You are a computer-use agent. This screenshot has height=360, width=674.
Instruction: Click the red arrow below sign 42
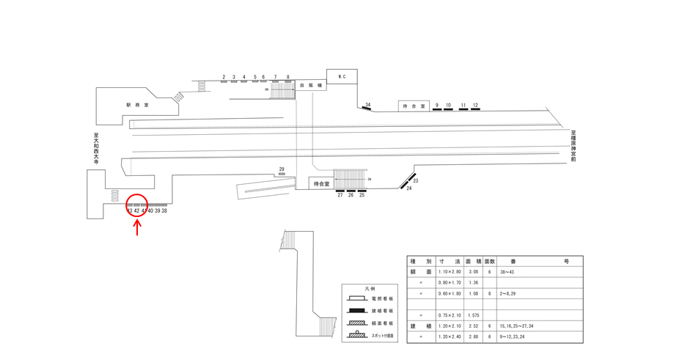point(137,227)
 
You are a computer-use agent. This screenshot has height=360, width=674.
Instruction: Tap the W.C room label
point(341,76)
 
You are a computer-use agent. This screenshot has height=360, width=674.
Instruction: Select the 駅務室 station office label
point(137,105)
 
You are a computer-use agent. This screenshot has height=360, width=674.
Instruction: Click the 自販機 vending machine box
point(306,86)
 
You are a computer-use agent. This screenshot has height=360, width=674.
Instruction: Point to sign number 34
point(367,106)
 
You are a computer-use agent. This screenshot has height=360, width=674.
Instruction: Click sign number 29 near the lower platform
point(282,169)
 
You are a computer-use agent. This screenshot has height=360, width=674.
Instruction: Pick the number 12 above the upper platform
point(475,106)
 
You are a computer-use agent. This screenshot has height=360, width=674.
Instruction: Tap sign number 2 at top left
point(223,77)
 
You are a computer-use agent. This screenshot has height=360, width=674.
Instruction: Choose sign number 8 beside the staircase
point(287,77)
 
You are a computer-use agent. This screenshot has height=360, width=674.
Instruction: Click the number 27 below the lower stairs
point(340,195)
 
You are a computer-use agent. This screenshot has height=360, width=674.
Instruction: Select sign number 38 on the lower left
point(164,211)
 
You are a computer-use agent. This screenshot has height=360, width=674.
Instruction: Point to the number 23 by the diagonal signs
point(415,180)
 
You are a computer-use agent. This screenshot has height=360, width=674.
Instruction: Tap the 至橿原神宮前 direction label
point(574,146)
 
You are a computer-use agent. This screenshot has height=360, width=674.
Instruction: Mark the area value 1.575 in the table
point(474,315)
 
